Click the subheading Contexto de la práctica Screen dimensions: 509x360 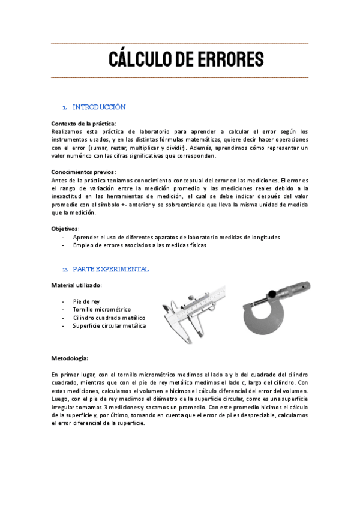click(83, 124)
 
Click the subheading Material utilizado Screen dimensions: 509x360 click(76, 285)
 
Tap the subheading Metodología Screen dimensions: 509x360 click(70, 358)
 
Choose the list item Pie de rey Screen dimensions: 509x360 click(86, 301)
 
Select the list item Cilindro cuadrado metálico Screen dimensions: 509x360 click(109, 318)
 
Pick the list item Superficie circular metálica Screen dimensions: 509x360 click(109, 326)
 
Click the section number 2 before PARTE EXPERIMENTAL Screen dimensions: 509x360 click(64, 270)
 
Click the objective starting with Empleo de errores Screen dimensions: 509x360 click(140, 245)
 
